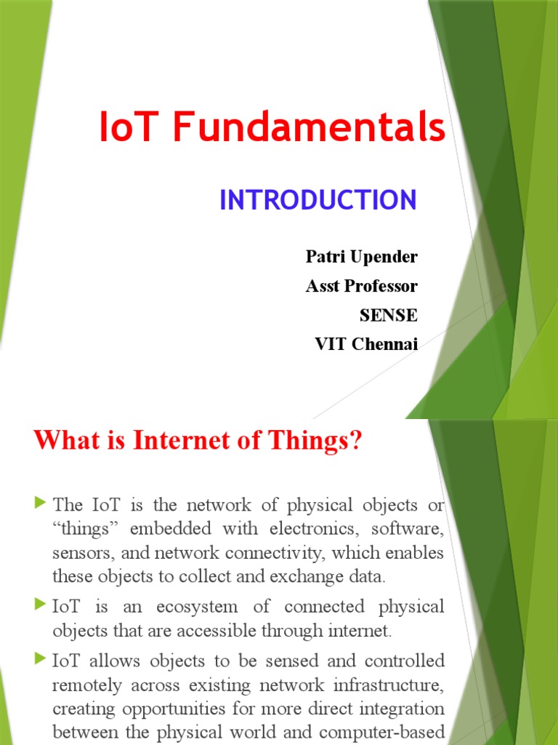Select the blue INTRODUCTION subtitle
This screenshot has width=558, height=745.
point(318,200)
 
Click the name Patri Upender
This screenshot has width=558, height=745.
point(362,257)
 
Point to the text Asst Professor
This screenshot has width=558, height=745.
point(362,286)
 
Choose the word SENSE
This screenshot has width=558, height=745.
point(389,315)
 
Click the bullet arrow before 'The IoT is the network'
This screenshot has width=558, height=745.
point(40,503)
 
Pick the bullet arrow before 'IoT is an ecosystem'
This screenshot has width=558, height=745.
point(40,605)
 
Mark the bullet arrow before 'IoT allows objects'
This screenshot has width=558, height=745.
point(40,660)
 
